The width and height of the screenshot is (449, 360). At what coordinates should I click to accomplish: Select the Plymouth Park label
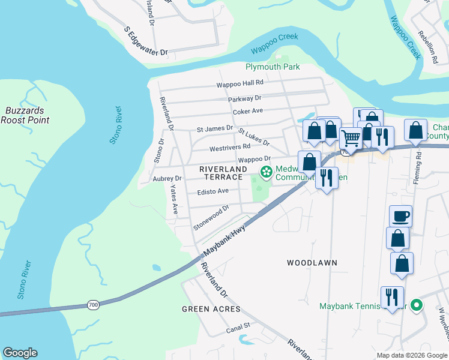[273, 67]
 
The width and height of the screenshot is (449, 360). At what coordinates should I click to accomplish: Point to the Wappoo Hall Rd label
[240, 85]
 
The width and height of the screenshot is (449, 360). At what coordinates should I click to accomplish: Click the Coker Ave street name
[248, 111]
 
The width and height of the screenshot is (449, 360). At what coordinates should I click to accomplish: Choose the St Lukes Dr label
[253, 137]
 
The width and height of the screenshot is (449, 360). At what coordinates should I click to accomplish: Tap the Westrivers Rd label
[230, 147]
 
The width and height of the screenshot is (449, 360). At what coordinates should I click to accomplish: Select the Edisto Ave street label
[213, 191]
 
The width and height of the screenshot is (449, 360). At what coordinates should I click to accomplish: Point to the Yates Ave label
[173, 199]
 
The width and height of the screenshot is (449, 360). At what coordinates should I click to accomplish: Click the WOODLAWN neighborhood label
[312, 263]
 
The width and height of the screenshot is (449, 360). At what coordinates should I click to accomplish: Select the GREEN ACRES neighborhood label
[211, 309]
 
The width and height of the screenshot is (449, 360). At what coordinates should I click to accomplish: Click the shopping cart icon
[351, 137]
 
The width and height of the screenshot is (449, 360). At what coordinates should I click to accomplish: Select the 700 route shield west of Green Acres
[93, 305]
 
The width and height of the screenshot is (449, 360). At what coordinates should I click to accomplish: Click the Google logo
[20, 353]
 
